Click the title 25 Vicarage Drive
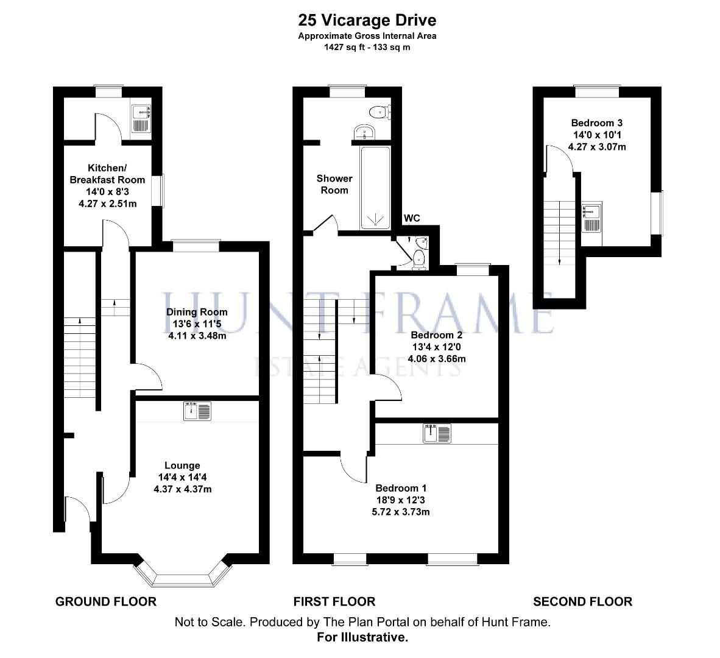(x=367, y=20)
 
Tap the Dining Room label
(x=197, y=312)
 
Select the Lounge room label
(x=182, y=465)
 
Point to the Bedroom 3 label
(x=597, y=123)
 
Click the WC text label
(x=412, y=218)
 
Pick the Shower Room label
(x=334, y=184)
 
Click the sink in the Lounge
(x=197, y=411)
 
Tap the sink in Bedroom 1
(x=437, y=433)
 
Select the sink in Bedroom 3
(x=592, y=217)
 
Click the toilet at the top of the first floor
(x=380, y=112)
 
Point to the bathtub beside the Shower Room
(x=376, y=188)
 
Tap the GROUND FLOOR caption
(x=106, y=601)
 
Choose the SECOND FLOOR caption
(x=583, y=601)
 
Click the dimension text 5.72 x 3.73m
(x=401, y=512)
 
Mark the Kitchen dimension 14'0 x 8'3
(x=107, y=192)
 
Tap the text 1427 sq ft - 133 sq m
(x=367, y=48)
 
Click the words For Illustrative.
(x=362, y=637)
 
